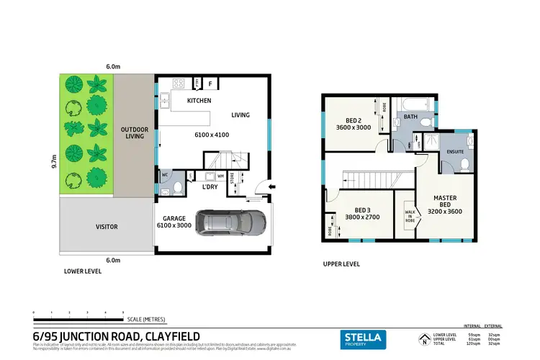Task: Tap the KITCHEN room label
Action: point(199,101)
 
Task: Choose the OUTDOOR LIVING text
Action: point(134,134)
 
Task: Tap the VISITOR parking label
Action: point(107,227)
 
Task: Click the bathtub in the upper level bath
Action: point(410,105)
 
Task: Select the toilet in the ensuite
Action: point(465,163)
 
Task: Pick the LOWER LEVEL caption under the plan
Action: point(83,272)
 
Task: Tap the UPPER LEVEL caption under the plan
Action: point(341,264)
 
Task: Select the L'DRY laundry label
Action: point(210,187)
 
